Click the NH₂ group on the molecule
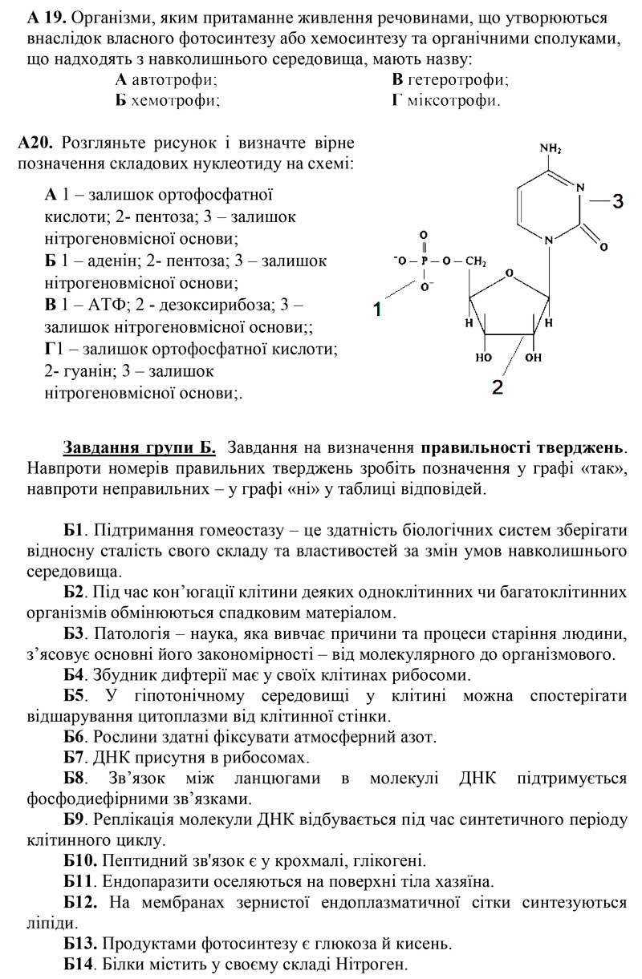pyautogui.click(x=551, y=149)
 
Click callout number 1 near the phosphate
pyautogui.click(x=377, y=307)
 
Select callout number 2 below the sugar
pyautogui.click(x=498, y=387)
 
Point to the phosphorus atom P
pyautogui.click(x=425, y=261)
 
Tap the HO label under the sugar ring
pyautogui.click(x=483, y=357)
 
